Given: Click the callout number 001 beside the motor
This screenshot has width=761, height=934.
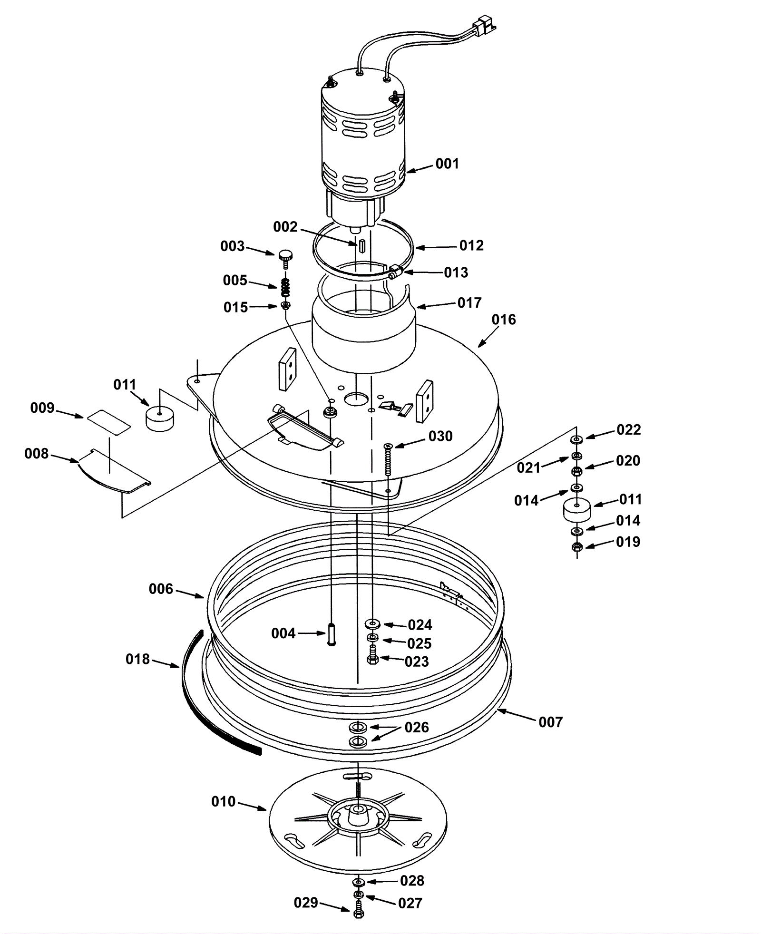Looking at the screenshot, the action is [x=447, y=164].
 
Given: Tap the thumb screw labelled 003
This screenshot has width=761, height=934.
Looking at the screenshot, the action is [x=285, y=255].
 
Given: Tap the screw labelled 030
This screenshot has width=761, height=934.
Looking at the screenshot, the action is [x=388, y=459].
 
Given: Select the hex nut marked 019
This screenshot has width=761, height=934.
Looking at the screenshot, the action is [x=576, y=546].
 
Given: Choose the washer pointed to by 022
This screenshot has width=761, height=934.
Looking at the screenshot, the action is [x=576, y=438].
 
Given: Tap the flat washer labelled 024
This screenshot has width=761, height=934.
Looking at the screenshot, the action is [x=372, y=623].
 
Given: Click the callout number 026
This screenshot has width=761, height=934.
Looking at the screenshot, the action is [x=417, y=727].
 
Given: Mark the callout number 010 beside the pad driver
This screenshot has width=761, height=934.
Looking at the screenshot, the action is [x=224, y=801].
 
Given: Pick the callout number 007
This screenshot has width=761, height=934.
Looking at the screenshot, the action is [x=551, y=722].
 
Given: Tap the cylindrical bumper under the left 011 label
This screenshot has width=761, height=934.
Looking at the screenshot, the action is [x=159, y=418].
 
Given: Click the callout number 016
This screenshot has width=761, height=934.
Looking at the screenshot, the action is [x=504, y=320].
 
